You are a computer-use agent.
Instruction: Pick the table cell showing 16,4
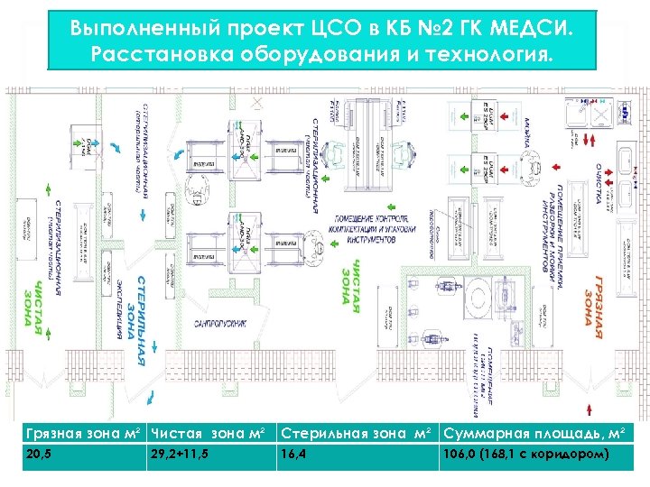[x=294, y=454]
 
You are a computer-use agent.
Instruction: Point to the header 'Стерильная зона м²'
[x=359, y=434]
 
